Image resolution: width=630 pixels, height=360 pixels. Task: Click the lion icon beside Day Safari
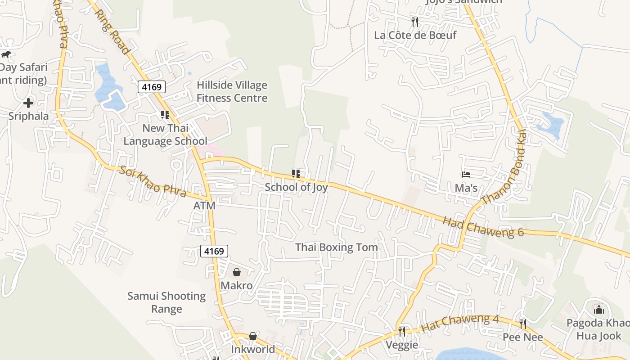(x=6, y=54)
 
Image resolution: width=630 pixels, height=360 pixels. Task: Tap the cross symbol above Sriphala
(x=28, y=103)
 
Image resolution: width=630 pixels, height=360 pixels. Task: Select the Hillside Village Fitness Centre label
(x=232, y=91)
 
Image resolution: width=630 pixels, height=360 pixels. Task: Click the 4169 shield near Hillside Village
(x=152, y=87)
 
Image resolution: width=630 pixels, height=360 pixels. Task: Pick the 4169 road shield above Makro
(x=214, y=251)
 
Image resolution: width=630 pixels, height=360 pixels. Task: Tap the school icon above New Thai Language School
(x=165, y=115)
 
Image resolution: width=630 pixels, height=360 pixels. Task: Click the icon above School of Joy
(x=296, y=174)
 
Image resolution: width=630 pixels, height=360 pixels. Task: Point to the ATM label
(x=204, y=206)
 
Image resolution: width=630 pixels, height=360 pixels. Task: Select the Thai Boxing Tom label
(x=337, y=247)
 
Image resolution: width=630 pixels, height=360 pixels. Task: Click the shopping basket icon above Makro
(x=236, y=272)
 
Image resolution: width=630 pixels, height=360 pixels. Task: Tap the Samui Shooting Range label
(x=166, y=302)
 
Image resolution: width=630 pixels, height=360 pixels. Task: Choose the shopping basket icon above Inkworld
(x=253, y=336)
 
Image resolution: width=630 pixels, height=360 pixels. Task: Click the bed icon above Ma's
(x=466, y=175)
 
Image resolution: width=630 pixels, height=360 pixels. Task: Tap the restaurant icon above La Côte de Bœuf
(x=415, y=22)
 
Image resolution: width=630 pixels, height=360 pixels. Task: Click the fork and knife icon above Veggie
(x=402, y=332)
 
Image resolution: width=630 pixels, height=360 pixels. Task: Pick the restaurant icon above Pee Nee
(x=523, y=324)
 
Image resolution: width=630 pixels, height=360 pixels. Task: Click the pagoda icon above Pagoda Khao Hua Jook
(x=598, y=309)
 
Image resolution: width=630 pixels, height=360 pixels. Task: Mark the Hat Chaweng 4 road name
(x=460, y=323)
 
